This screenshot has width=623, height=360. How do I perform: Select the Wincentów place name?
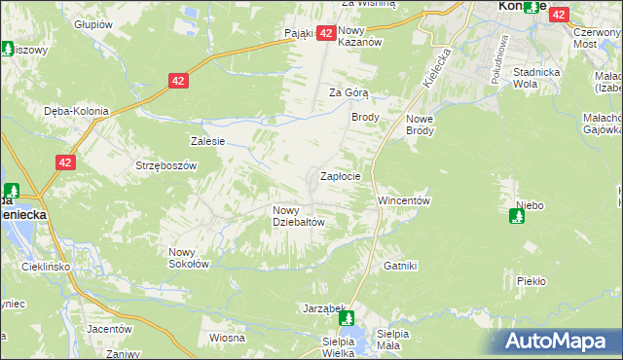point(403,200)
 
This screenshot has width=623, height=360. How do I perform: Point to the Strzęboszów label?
point(166,165)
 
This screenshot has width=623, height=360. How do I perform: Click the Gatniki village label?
point(400,266)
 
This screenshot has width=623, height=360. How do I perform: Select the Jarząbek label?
point(318,308)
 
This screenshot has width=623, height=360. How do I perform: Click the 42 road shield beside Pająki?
point(327,33)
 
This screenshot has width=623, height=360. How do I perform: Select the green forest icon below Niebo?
point(516,216)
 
